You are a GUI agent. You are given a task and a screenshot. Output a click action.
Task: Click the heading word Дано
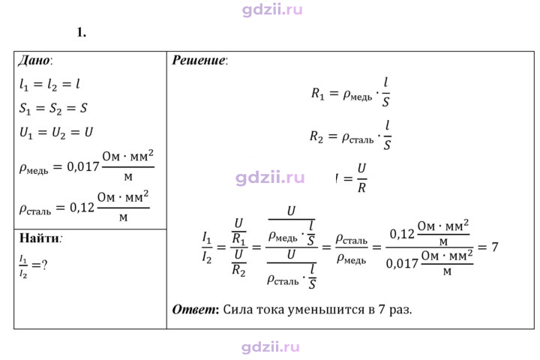(x=34, y=60)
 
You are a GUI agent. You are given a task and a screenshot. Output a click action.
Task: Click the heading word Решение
(x=198, y=60)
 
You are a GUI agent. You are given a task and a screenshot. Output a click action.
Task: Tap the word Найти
(x=39, y=238)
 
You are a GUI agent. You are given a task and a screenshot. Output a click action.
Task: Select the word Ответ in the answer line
(x=194, y=309)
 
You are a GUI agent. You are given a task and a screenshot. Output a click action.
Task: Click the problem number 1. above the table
(x=82, y=32)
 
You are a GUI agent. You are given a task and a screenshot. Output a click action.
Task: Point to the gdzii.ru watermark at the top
(x=272, y=10)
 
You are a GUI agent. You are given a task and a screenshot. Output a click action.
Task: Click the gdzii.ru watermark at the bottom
(x=270, y=347)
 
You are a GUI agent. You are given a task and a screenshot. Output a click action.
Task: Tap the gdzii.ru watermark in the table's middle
(x=270, y=178)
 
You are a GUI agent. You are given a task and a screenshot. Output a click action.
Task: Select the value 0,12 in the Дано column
(x=82, y=208)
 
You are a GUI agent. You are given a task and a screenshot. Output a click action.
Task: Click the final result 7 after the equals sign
(x=495, y=247)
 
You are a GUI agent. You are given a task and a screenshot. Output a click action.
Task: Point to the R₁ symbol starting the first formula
(x=317, y=94)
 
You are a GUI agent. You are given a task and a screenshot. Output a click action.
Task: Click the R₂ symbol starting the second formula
(x=316, y=136)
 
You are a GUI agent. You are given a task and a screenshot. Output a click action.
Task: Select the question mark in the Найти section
(x=44, y=265)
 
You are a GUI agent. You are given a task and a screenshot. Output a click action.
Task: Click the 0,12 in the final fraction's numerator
(x=402, y=234)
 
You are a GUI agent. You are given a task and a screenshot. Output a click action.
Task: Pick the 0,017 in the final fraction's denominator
(x=402, y=264)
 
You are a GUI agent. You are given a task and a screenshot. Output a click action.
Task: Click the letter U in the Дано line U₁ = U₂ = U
(x=88, y=132)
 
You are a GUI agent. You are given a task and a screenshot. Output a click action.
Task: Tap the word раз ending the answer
(x=400, y=310)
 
